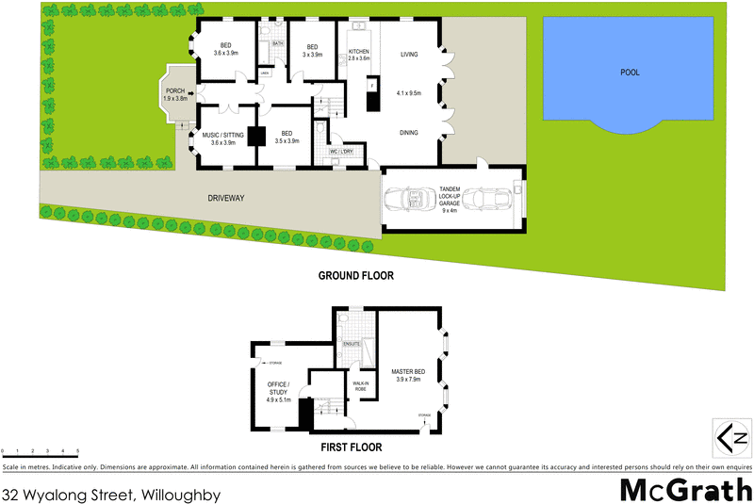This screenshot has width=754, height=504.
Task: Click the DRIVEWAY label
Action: point(226,198)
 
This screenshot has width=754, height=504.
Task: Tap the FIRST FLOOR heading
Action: point(350,448)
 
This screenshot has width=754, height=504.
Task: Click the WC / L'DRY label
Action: point(340,151)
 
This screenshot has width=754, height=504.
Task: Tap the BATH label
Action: point(278,43)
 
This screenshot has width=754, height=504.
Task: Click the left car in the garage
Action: point(412,202)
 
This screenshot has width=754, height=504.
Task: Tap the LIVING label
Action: point(409,55)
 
